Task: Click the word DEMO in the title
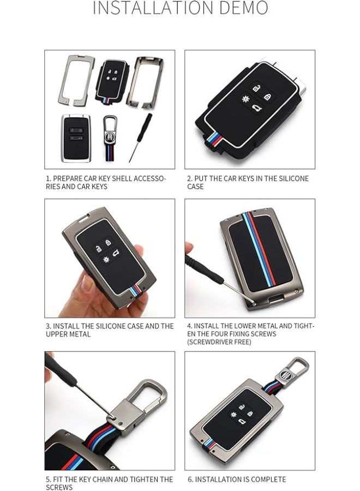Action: click(x=244, y=8)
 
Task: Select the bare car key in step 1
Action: click(x=76, y=138)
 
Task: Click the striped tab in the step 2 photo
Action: click(x=213, y=140)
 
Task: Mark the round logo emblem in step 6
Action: click(x=285, y=374)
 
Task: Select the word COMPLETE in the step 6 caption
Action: click(x=268, y=480)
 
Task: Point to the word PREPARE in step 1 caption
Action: click(x=67, y=178)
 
